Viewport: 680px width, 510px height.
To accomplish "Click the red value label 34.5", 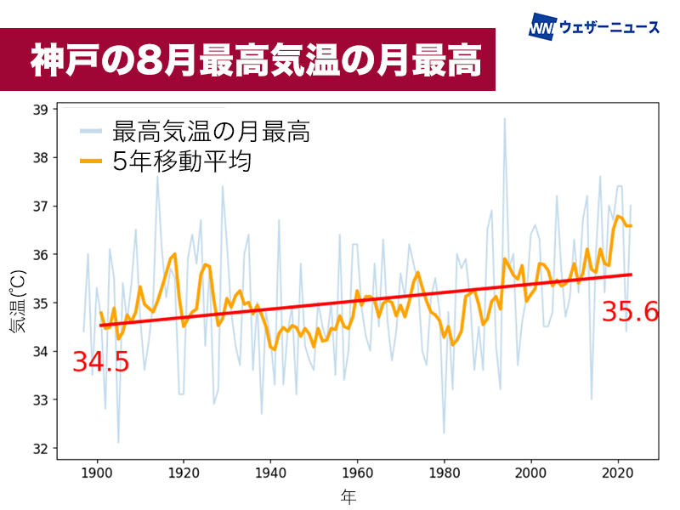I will (x=100, y=362).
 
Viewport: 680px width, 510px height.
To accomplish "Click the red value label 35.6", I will (x=630, y=312).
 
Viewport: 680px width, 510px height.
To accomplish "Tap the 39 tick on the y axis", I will (x=41, y=110).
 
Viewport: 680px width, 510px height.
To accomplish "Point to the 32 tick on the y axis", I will (x=41, y=448).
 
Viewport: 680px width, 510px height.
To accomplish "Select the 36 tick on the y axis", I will (x=41, y=255).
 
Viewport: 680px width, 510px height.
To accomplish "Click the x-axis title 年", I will (x=348, y=496).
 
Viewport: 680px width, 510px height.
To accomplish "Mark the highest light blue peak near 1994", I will (x=504, y=119).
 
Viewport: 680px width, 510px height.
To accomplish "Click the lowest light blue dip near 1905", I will (x=118, y=442).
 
